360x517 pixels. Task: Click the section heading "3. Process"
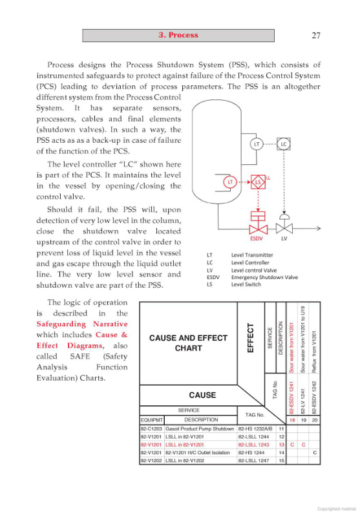(x=178, y=36)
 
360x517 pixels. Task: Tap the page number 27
(x=316, y=36)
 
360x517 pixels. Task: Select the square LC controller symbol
(x=284, y=144)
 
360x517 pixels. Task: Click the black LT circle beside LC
(x=257, y=144)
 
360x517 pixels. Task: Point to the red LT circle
(x=230, y=182)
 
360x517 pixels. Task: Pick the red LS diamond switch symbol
(x=258, y=182)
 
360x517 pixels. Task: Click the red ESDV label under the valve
(x=256, y=238)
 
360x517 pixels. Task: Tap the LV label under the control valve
(x=284, y=238)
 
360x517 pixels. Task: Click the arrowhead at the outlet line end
(x=319, y=228)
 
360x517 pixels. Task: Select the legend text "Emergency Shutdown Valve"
(x=264, y=277)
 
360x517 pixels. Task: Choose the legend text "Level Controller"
(x=250, y=263)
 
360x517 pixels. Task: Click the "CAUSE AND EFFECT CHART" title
(x=188, y=343)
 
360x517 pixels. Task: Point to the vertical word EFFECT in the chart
(x=251, y=337)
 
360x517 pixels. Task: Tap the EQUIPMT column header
(x=152, y=420)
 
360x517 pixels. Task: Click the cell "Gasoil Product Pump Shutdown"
(x=200, y=429)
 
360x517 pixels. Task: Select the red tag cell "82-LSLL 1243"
(x=253, y=445)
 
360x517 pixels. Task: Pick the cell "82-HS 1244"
(x=250, y=453)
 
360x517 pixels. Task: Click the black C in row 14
(x=315, y=453)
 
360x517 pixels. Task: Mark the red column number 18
(x=292, y=420)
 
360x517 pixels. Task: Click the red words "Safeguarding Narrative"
(x=82, y=324)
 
